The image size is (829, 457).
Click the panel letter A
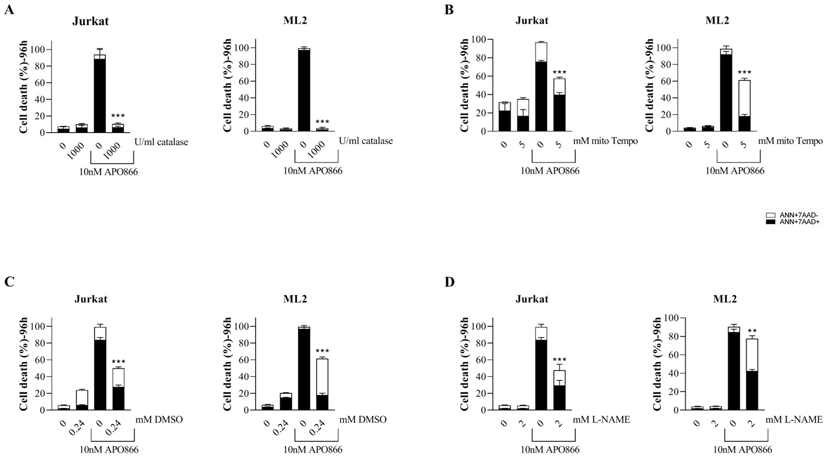coord(9,10)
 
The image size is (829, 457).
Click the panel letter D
coord(449,282)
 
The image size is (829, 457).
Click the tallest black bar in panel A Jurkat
coord(99,95)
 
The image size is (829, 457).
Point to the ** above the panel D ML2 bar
coord(752,331)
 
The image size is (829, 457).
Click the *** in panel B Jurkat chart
coord(560,73)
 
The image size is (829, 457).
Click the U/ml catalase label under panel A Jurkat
coord(161,142)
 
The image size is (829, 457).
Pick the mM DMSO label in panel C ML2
coord(363,420)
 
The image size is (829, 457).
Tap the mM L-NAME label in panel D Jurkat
coord(601,420)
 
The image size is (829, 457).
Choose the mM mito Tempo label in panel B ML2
coord(790,141)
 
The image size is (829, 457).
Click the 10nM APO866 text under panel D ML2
coord(742,450)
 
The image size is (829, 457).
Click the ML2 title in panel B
coord(717,21)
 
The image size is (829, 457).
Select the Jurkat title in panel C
coord(91,299)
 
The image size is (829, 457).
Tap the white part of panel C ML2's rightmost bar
coord(322,377)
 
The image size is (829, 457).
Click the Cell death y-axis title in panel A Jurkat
coord(23,87)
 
